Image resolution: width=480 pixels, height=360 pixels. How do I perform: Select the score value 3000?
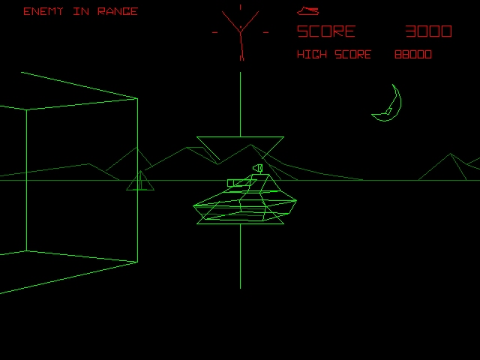click(x=428, y=31)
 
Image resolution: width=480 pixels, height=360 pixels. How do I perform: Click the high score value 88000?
click(x=413, y=55)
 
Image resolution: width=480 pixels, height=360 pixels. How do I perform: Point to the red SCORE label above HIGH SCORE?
click(x=326, y=31)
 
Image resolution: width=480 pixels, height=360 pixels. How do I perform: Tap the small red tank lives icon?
click(x=307, y=11)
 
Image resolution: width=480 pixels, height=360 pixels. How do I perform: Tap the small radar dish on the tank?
click(x=259, y=168)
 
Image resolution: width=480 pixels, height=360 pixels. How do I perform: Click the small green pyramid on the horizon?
click(x=140, y=182)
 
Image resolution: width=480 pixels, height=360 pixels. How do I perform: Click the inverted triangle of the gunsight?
click(x=240, y=147)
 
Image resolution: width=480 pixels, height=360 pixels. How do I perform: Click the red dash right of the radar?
click(x=265, y=32)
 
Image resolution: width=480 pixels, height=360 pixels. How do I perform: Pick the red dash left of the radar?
click(x=215, y=32)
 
